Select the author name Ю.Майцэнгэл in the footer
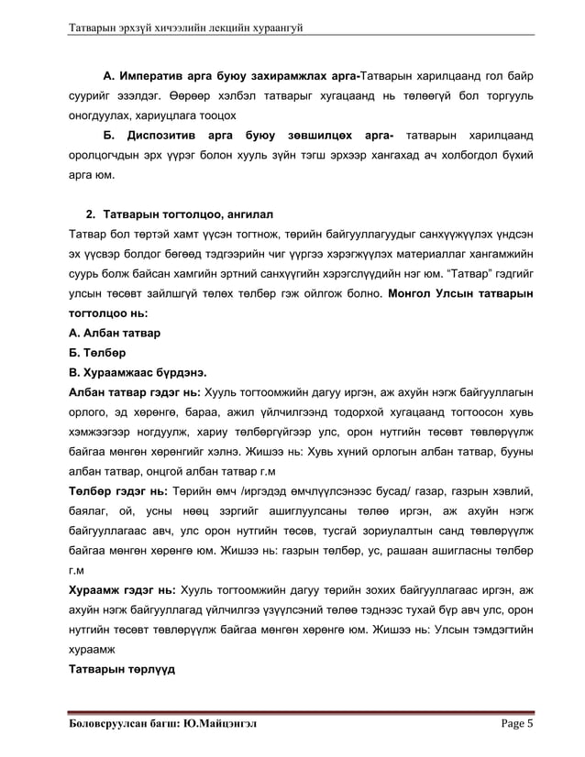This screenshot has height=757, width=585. (x=220, y=723)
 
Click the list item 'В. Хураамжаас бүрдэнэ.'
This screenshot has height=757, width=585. (x=131, y=373)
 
